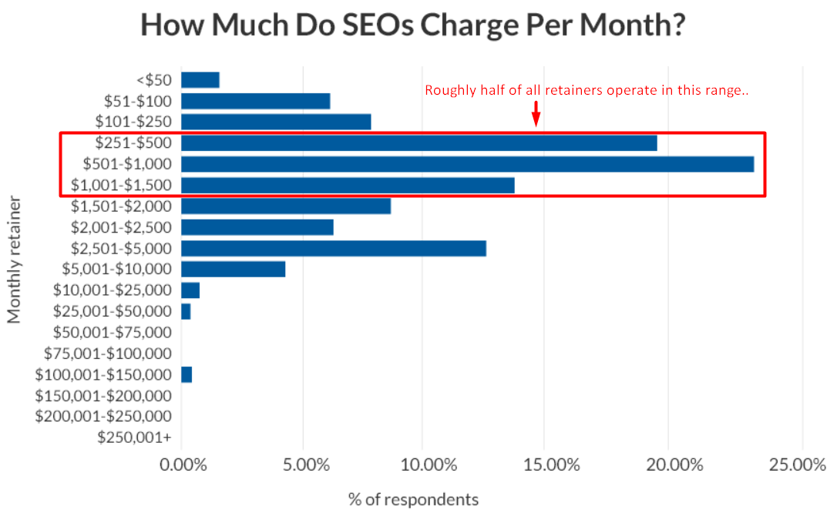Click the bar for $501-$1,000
pyautogui.click(x=466, y=164)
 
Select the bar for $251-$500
pyautogui.click(x=418, y=143)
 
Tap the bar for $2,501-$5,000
pyautogui.click(x=333, y=248)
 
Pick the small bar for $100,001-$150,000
pyautogui.click(x=187, y=374)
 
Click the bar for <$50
pyautogui.click(x=200, y=80)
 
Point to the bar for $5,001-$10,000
pyautogui.click(x=233, y=269)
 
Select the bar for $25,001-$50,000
pyautogui.click(x=186, y=311)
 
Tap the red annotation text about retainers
pyautogui.click(x=587, y=91)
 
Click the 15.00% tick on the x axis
pyautogui.click(x=543, y=466)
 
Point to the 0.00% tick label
pyautogui.click(x=181, y=466)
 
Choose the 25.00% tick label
pyautogui.click(x=802, y=466)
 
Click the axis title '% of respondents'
pyautogui.click(x=413, y=499)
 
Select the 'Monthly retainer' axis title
pyautogui.click(x=14, y=259)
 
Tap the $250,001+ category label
pyautogui.click(x=134, y=438)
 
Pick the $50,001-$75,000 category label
pyautogui.click(x=113, y=332)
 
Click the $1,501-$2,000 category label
pyautogui.click(x=122, y=206)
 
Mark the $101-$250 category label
pyautogui.click(x=133, y=122)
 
